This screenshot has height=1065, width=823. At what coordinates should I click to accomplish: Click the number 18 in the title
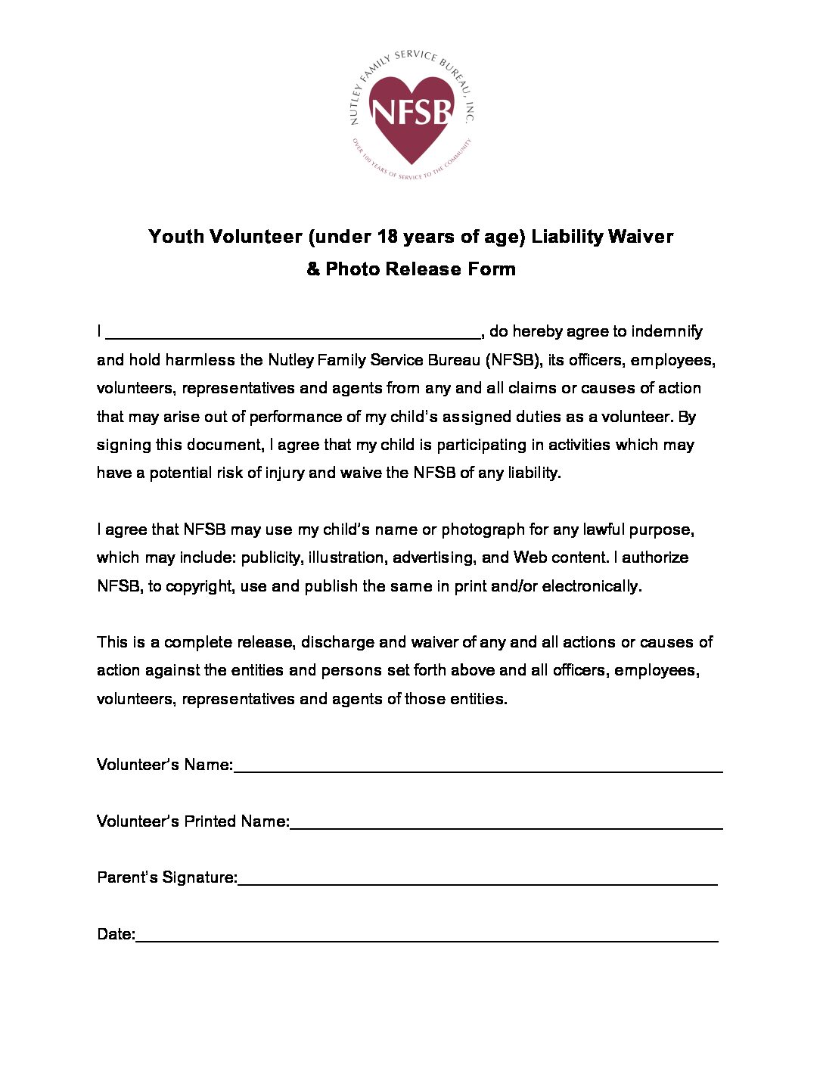pyautogui.click(x=387, y=237)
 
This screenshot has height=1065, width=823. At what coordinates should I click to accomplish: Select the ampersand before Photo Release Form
pyautogui.click(x=313, y=269)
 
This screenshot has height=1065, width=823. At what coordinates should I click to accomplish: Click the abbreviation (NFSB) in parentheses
pyautogui.click(x=514, y=360)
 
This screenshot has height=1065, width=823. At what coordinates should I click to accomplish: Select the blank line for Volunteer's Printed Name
pyautogui.click(x=506, y=827)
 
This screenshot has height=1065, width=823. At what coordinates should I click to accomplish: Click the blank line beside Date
pyautogui.click(x=427, y=939)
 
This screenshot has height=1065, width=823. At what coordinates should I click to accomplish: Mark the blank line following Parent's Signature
pyautogui.click(x=477, y=883)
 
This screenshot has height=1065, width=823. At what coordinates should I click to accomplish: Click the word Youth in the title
pyautogui.click(x=176, y=237)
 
